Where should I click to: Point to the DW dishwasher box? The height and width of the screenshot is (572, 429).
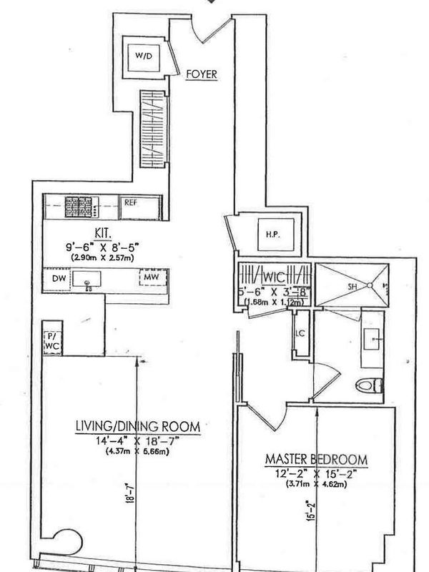(x=56, y=279)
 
